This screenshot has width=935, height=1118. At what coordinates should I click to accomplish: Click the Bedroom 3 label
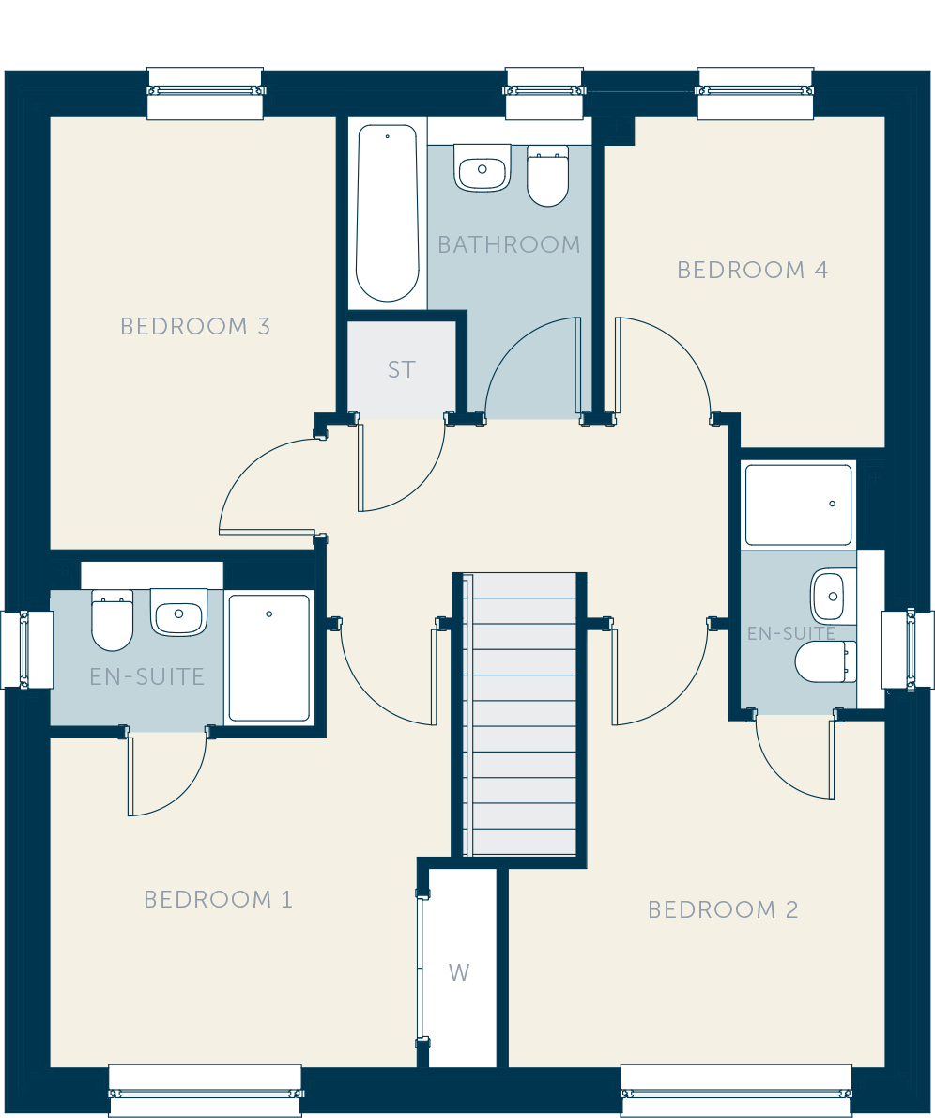pyautogui.click(x=195, y=327)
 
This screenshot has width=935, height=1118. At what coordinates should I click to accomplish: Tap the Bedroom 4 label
pyautogui.click(x=753, y=271)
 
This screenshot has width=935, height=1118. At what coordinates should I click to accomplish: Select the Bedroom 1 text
pyautogui.click(x=218, y=900)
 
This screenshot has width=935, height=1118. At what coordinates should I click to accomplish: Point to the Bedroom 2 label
pyautogui.click(x=723, y=909)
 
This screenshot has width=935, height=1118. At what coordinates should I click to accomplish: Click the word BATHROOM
pyautogui.click(x=509, y=244)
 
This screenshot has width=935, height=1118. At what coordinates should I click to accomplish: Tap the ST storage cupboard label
pyautogui.click(x=401, y=369)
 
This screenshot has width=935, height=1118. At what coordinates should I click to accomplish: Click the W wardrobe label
pyautogui.click(x=459, y=972)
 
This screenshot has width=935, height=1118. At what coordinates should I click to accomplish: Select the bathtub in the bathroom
pyautogui.click(x=388, y=213)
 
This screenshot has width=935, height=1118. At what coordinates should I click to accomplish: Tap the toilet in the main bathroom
pyautogui.click(x=547, y=176)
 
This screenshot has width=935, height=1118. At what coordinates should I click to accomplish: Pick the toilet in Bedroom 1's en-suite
pyautogui.click(x=113, y=620)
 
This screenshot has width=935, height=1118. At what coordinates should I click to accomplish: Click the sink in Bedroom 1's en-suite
pyautogui.click(x=179, y=612)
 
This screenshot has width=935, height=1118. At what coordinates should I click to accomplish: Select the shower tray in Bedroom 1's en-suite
pyautogui.click(x=268, y=658)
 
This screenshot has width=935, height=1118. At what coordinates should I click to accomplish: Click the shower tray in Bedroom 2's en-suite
pyautogui.click(x=798, y=505)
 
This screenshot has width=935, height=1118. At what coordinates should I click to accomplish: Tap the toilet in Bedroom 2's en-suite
pyautogui.click(x=826, y=661)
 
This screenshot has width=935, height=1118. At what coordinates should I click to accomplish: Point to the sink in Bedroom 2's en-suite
pyautogui.click(x=833, y=596)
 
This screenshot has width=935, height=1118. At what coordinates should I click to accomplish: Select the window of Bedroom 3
pyautogui.click(x=206, y=93)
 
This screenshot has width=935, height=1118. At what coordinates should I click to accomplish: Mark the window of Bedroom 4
pyautogui.click(x=756, y=93)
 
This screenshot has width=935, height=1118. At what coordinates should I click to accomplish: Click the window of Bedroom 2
pyautogui.click(x=736, y=1091)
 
